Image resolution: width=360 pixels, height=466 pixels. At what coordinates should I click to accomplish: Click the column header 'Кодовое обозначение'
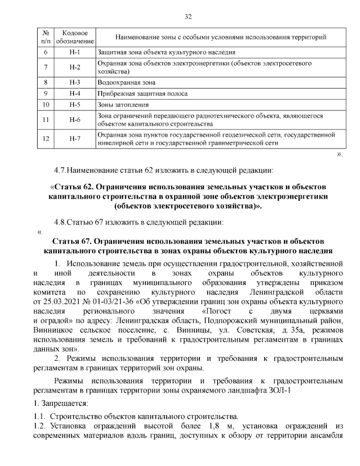point(75,37)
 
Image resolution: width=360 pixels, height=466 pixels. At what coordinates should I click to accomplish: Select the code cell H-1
point(75,52)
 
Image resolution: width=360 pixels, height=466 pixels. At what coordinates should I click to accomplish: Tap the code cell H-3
point(75,83)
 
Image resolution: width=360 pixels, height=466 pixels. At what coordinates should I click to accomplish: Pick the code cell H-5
point(75,105)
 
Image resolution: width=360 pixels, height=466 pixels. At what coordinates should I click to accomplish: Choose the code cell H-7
point(75,139)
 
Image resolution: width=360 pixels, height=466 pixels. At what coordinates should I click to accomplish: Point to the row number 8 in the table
point(46,83)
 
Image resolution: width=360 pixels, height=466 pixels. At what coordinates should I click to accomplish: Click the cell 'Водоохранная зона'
point(127,83)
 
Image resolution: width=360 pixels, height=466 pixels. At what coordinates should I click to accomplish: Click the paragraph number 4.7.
point(59,171)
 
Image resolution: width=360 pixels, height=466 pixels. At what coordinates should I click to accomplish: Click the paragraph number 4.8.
point(59,222)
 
